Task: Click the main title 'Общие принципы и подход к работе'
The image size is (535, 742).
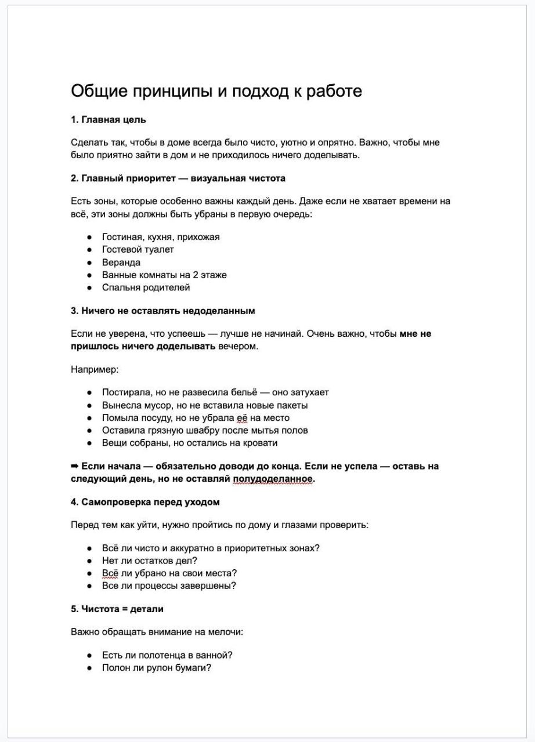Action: click(216, 92)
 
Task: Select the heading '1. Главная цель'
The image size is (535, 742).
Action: click(109, 120)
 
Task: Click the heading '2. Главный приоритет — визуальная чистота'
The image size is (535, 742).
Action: click(178, 179)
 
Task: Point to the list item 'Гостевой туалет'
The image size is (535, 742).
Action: click(138, 250)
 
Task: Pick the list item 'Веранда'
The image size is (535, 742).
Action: click(121, 263)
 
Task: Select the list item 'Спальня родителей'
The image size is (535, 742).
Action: click(146, 288)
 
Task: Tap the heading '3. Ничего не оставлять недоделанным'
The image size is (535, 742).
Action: click(162, 311)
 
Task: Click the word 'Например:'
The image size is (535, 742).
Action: click(95, 369)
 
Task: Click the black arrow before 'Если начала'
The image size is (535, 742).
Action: click(75, 466)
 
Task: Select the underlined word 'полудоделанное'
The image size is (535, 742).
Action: click(272, 479)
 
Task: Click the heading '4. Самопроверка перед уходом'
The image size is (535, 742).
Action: click(145, 502)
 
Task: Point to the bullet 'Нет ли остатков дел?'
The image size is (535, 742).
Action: click(149, 561)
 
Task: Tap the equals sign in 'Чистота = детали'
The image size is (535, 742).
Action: click(120, 609)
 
